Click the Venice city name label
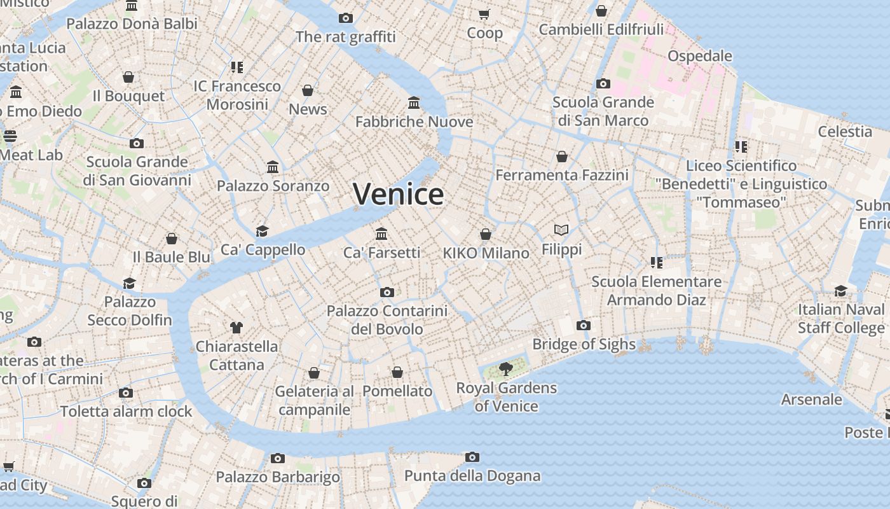click(398, 194)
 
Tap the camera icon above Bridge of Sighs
click(584, 325)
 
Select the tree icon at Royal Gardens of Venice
click(506, 368)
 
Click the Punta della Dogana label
click(472, 475)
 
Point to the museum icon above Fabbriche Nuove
click(414, 102)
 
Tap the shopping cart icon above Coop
click(484, 14)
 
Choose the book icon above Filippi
click(561, 230)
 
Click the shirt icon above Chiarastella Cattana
click(236, 328)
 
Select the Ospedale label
click(700, 55)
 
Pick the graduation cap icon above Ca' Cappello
click(263, 231)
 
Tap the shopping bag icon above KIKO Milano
click(486, 234)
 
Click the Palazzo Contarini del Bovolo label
click(387, 320)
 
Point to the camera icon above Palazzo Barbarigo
click(278, 458)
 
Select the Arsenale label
click(812, 400)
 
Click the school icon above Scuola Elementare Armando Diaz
click(657, 262)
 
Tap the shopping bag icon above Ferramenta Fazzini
click(562, 156)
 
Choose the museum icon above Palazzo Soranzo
click(273, 167)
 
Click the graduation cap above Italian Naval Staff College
click(841, 291)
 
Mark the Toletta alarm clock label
click(126, 411)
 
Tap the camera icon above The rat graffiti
click(346, 18)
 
